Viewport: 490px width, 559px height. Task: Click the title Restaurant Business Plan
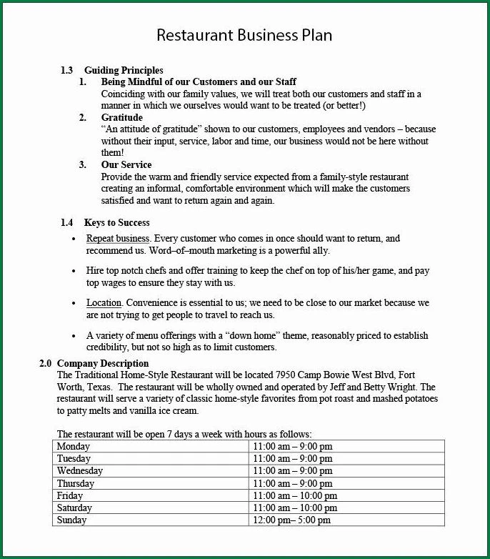coord(244,35)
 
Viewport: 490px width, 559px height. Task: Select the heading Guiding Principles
coord(124,70)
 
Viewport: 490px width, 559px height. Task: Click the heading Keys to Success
coord(116,222)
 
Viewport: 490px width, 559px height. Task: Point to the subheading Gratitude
coord(121,117)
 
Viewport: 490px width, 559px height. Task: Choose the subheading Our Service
coord(126,164)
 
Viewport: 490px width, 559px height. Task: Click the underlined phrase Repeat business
coord(118,238)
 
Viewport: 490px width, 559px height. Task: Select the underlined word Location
coord(104,303)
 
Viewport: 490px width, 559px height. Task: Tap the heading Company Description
coord(103,363)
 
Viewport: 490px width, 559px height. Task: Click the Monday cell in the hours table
coord(74,446)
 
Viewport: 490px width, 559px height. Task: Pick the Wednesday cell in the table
coord(80,471)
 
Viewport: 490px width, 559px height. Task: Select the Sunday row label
coord(71,520)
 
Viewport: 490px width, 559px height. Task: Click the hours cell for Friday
coord(295,495)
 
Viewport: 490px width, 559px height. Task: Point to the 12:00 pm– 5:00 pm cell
coord(292,520)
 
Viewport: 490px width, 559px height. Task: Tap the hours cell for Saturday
coord(295,508)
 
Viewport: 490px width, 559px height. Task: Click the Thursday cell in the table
coord(76,483)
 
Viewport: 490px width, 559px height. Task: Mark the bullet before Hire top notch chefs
coord(74,271)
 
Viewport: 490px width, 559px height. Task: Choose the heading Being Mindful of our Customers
coord(199,82)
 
